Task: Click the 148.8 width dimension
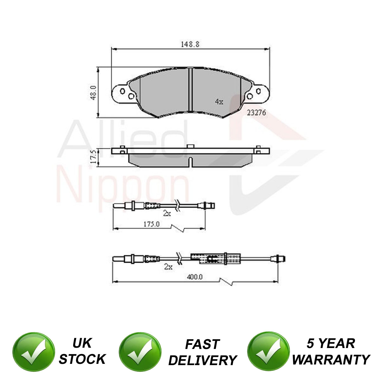190,44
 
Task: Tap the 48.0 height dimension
93,92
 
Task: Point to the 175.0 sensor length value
151,224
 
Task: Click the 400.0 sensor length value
195,277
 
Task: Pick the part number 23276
256,113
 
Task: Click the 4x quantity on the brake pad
219,102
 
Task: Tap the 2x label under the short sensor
167,213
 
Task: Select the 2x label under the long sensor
168,267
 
